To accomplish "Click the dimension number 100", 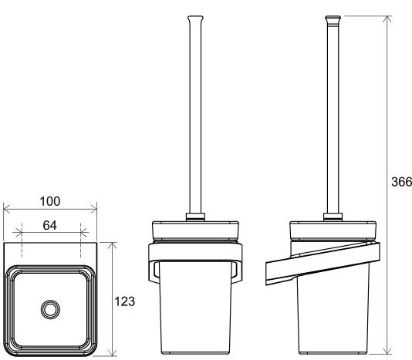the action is [50, 201].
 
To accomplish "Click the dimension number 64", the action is [49, 225].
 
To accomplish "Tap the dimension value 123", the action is [124, 301].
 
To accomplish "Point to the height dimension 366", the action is [401, 182].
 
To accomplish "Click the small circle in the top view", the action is [50, 309].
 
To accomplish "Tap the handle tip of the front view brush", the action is [195, 19].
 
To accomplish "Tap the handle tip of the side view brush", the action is [333, 19].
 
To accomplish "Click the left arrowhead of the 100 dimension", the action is [7, 209].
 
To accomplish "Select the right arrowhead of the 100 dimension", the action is [93, 209].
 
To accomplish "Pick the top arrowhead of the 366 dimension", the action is [387, 19].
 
